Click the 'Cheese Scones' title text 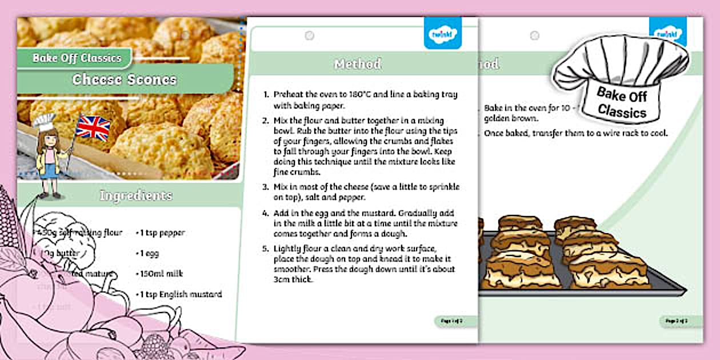[125, 79]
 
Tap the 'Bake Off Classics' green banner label [77, 58]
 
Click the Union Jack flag [93, 127]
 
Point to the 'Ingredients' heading [135, 195]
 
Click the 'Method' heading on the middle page [358, 64]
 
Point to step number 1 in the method [266, 94]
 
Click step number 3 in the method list [265, 187]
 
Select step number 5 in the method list [265, 249]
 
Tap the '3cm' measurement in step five [283, 280]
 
